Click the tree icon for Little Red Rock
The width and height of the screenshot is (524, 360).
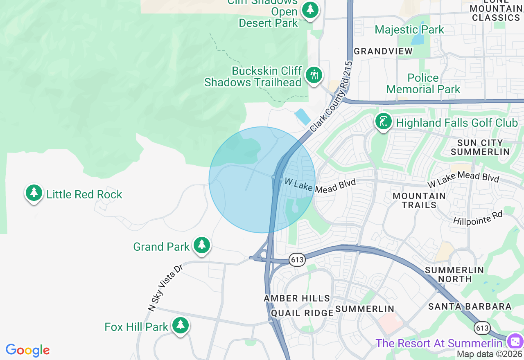pyautogui.click(x=34, y=193)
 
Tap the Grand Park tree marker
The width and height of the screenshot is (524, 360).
pyautogui.click(x=201, y=245)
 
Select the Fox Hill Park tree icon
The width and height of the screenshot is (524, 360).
pyautogui.click(x=180, y=326)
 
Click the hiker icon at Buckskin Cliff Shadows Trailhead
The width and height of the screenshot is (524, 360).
pyautogui.click(x=314, y=75)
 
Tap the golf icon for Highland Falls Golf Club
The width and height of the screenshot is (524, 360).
pyautogui.click(x=384, y=122)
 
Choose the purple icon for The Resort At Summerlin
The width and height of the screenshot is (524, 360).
pyautogui.click(x=514, y=341)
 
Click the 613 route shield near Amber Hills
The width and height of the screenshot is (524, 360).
pyautogui.click(x=298, y=259)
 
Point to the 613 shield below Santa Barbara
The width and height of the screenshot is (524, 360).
pyautogui.click(x=482, y=328)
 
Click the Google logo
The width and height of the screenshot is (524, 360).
pyautogui.click(x=27, y=351)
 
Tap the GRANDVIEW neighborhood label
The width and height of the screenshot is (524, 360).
pyautogui.click(x=383, y=51)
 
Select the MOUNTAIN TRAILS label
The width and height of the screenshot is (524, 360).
pyautogui.click(x=419, y=200)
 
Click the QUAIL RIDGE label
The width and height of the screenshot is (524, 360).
pyautogui.click(x=302, y=313)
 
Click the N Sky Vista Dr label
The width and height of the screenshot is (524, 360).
pyautogui.click(x=165, y=288)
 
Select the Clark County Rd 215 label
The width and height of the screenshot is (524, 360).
pyautogui.click(x=331, y=97)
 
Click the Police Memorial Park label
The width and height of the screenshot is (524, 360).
pyautogui.click(x=423, y=83)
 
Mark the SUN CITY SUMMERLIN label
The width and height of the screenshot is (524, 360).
pyautogui.click(x=480, y=147)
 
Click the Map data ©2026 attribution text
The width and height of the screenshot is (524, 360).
pyautogui.click(x=490, y=354)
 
